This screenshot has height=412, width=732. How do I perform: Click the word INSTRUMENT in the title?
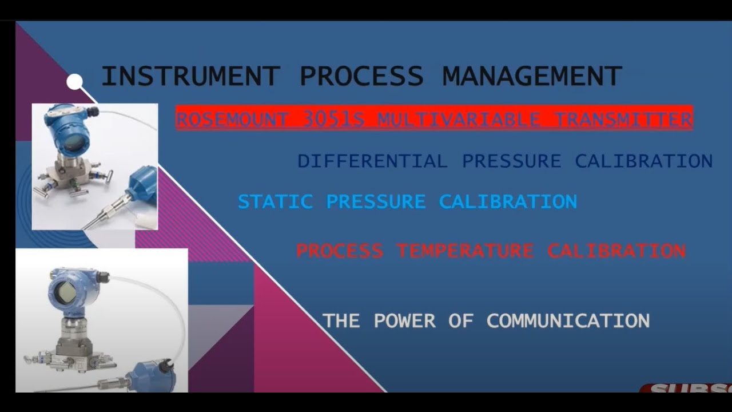pos(190,77)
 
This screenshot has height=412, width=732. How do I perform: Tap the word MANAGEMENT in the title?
pos(532,77)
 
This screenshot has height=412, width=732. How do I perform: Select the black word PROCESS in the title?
pos(361,77)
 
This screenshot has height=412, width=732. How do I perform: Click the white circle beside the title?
pos(74,82)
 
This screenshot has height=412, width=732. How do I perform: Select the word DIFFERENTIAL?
pos(372,161)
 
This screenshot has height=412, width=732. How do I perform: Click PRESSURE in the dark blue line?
pos(511,161)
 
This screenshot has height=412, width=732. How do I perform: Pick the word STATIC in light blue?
pos(275,201)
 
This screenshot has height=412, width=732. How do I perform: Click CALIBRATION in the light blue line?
pos(508,201)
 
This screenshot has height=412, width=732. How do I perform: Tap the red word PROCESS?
pos(340,251)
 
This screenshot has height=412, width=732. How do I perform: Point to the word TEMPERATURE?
pos(465,251)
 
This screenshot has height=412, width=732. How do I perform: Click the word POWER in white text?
pos(404,320)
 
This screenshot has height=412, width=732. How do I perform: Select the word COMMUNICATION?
pos(568,320)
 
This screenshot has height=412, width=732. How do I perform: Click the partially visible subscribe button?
pos(686,389)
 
